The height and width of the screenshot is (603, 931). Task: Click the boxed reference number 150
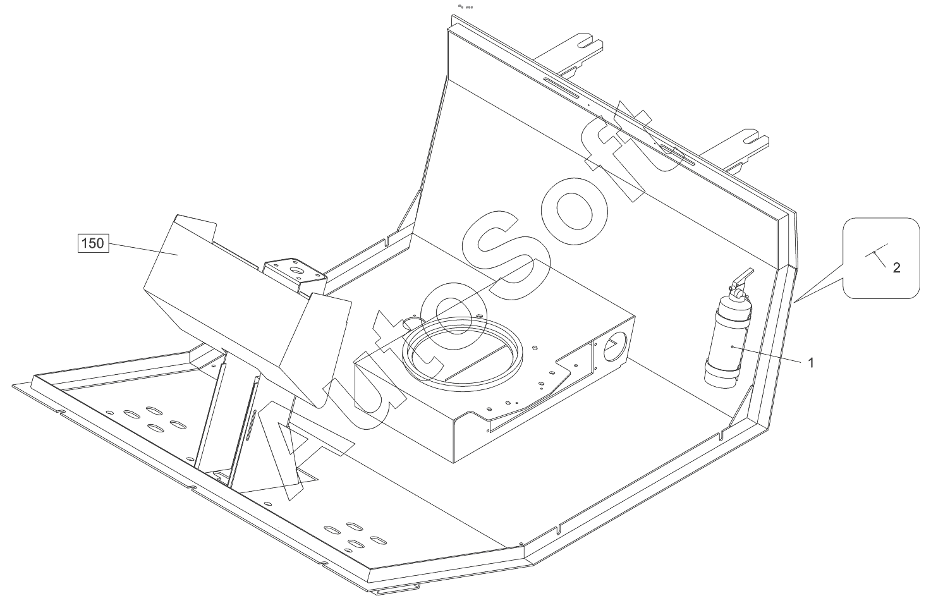click(93, 243)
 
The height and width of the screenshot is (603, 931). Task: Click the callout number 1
click(812, 363)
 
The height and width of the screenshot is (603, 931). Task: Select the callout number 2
click(896, 268)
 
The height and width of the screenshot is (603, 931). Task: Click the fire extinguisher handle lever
click(743, 277)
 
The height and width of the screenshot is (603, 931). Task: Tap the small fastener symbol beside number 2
click(874, 252)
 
